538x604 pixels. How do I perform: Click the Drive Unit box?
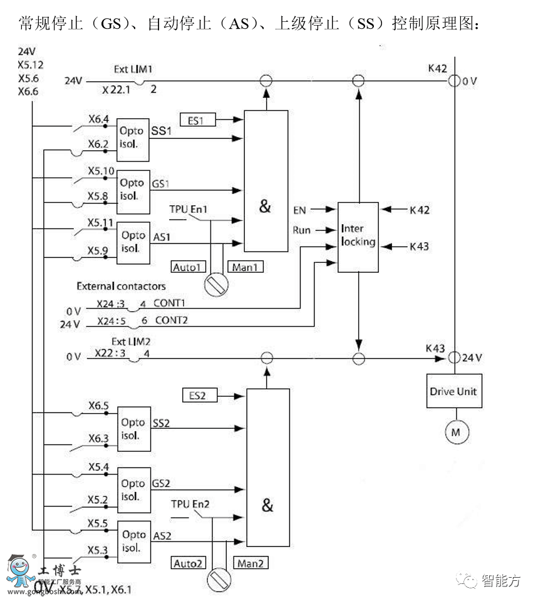pyautogui.click(x=453, y=392)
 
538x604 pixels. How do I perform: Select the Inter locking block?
pyautogui.click(x=358, y=237)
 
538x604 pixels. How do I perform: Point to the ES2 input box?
pyautogui.click(x=199, y=396)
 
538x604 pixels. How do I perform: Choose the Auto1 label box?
pyautogui.click(x=189, y=267)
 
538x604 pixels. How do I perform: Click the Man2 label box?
pyautogui.click(x=251, y=563)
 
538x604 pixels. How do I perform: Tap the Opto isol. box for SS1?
pyautogui.click(x=133, y=133)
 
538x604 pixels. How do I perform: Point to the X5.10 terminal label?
pyautogui.click(x=101, y=171)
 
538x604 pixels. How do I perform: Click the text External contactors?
pyautogui.click(x=121, y=286)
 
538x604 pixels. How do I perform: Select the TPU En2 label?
pyautogui.click(x=189, y=503)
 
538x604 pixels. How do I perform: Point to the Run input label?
pyautogui.click(x=301, y=230)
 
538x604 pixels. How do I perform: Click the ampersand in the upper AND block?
pyautogui.click(x=265, y=207)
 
